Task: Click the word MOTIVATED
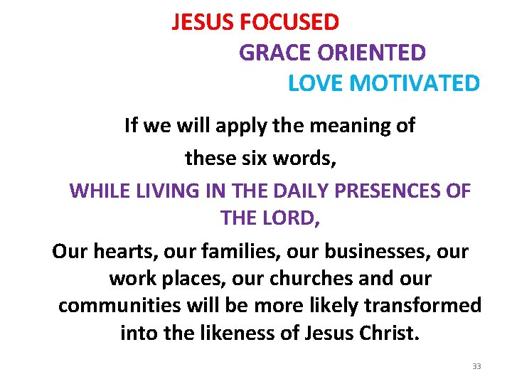415,83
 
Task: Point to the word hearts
125,252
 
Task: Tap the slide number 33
476,366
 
